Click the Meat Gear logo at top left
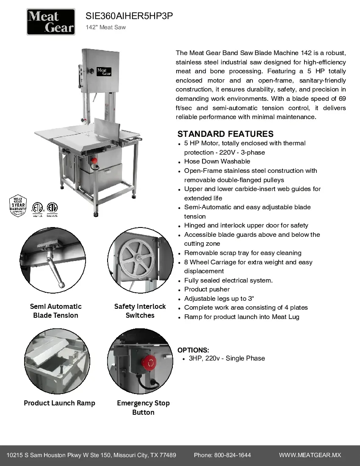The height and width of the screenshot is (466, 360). pyautogui.click(x=51, y=22)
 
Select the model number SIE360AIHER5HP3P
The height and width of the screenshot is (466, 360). pyautogui.click(x=129, y=16)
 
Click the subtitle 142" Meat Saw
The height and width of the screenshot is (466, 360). pyautogui.click(x=105, y=28)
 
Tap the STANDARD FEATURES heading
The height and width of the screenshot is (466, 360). pyautogui.click(x=225, y=134)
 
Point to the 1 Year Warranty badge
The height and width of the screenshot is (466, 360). pyautogui.click(x=18, y=205)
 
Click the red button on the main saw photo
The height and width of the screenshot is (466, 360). pyautogui.click(x=94, y=161)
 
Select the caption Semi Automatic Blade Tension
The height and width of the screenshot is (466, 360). pyautogui.click(x=55, y=311)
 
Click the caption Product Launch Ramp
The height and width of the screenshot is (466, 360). pyautogui.click(x=59, y=403)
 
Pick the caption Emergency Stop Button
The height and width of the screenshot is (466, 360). pyautogui.click(x=143, y=408)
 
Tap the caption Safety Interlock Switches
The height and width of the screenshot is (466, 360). pyautogui.click(x=140, y=311)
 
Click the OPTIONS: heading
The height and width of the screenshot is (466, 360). pyautogui.click(x=193, y=350)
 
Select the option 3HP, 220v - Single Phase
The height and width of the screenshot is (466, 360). pyautogui.click(x=227, y=358)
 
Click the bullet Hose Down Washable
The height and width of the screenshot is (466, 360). pyautogui.click(x=217, y=161)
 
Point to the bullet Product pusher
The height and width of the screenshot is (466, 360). pyautogui.click(x=207, y=289)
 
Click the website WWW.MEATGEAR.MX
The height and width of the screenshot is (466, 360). pyautogui.click(x=310, y=455)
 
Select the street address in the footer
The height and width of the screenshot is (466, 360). pyautogui.click(x=91, y=455)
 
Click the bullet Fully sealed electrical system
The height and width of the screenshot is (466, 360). pyautogui.click(x=228, y=280)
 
